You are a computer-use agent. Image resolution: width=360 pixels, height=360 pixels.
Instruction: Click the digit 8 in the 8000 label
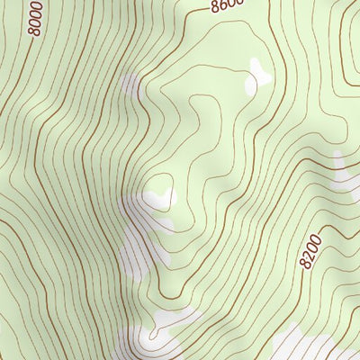click(x=33, y=31)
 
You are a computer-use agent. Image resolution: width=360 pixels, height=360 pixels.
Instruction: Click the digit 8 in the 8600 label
click(x=217, y=9)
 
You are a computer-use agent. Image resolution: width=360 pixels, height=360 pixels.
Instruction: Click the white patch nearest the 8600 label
click(x=257, y=76)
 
